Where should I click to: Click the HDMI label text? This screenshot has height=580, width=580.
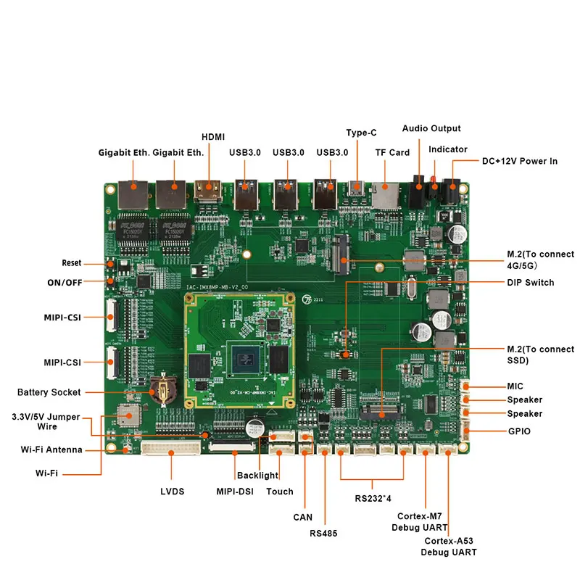[213, 136]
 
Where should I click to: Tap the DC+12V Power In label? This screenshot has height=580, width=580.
[520, 161]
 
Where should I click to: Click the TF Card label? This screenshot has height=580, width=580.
[392, 152]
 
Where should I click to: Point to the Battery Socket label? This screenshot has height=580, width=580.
[49, 392]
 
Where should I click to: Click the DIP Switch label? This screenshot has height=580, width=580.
[530, 282]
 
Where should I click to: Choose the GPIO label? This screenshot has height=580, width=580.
[519, 431]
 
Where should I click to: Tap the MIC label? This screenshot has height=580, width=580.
[515, 386]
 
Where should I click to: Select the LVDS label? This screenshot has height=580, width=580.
[172, 492]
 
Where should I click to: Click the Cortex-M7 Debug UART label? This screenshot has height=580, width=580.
[421, 522]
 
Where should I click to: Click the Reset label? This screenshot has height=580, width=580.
[72, 262]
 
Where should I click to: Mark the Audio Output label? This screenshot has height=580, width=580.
[431, 128]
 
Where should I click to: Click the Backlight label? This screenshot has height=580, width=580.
[257, 476]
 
